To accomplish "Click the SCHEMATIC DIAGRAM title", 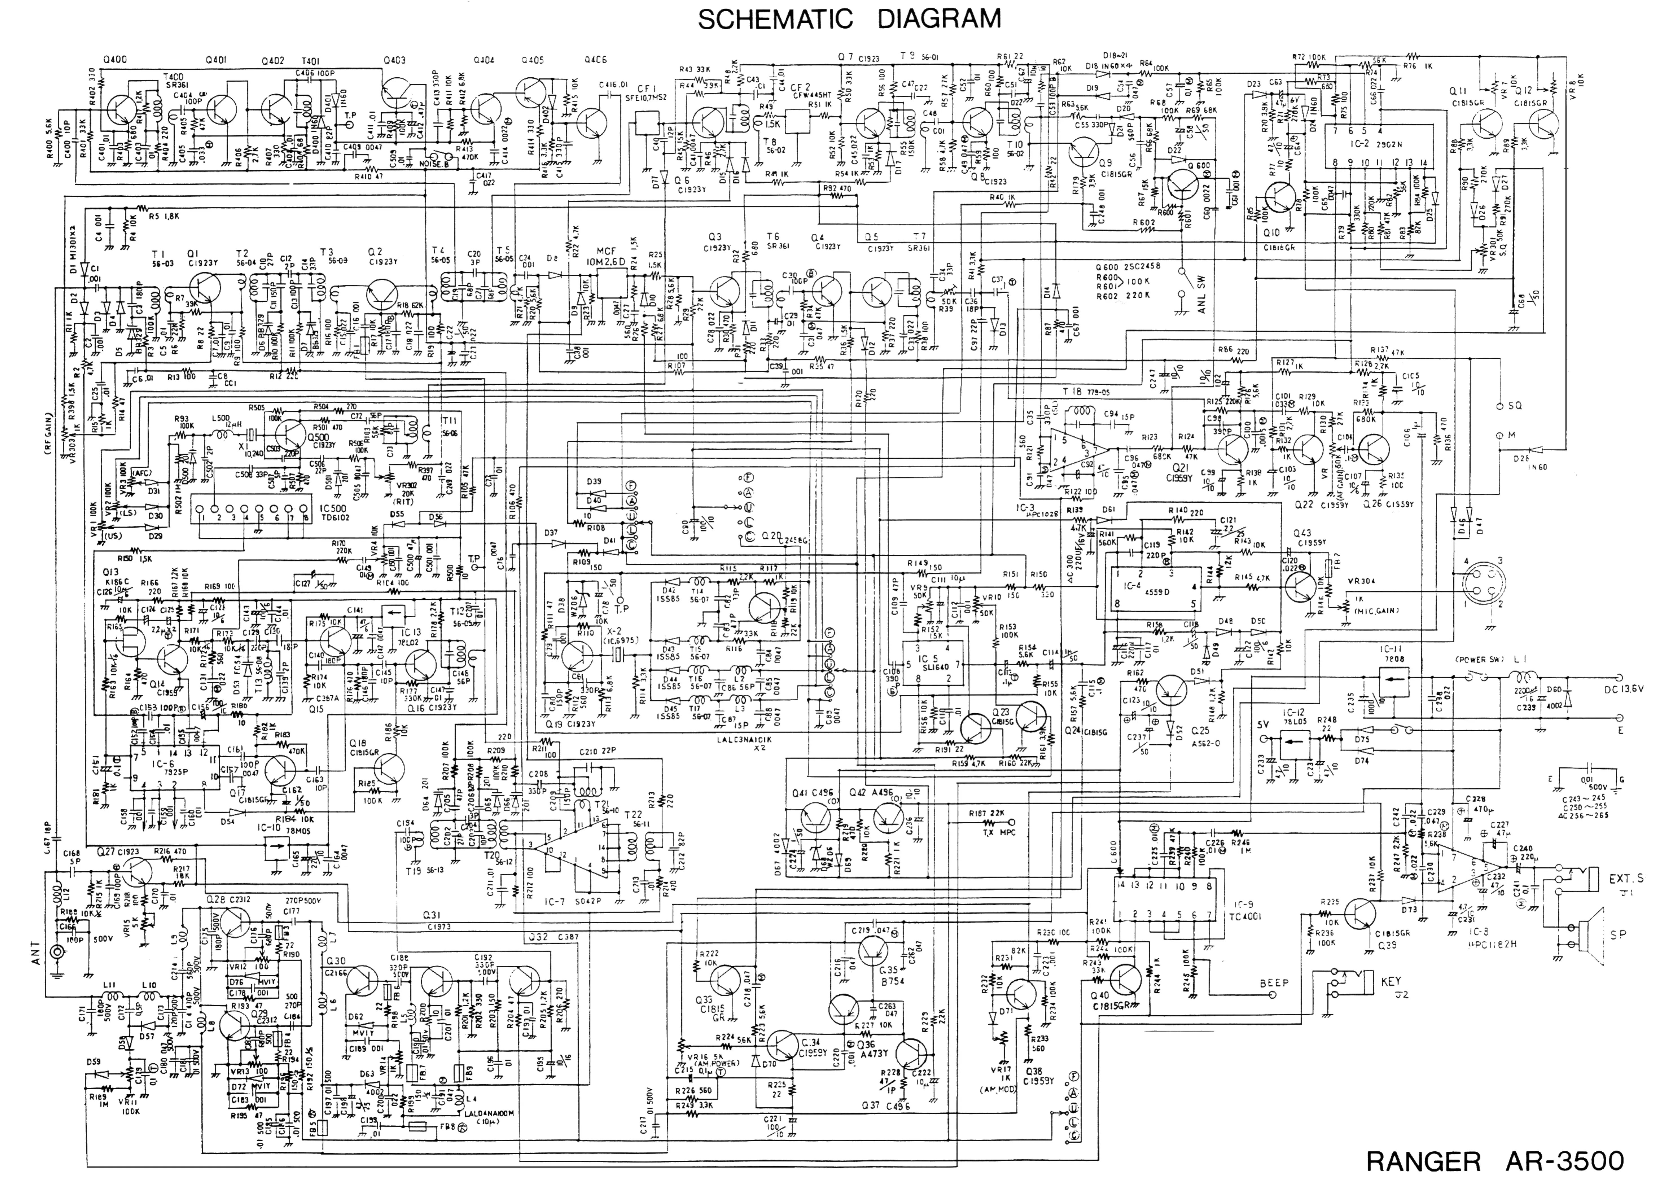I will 848,18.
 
